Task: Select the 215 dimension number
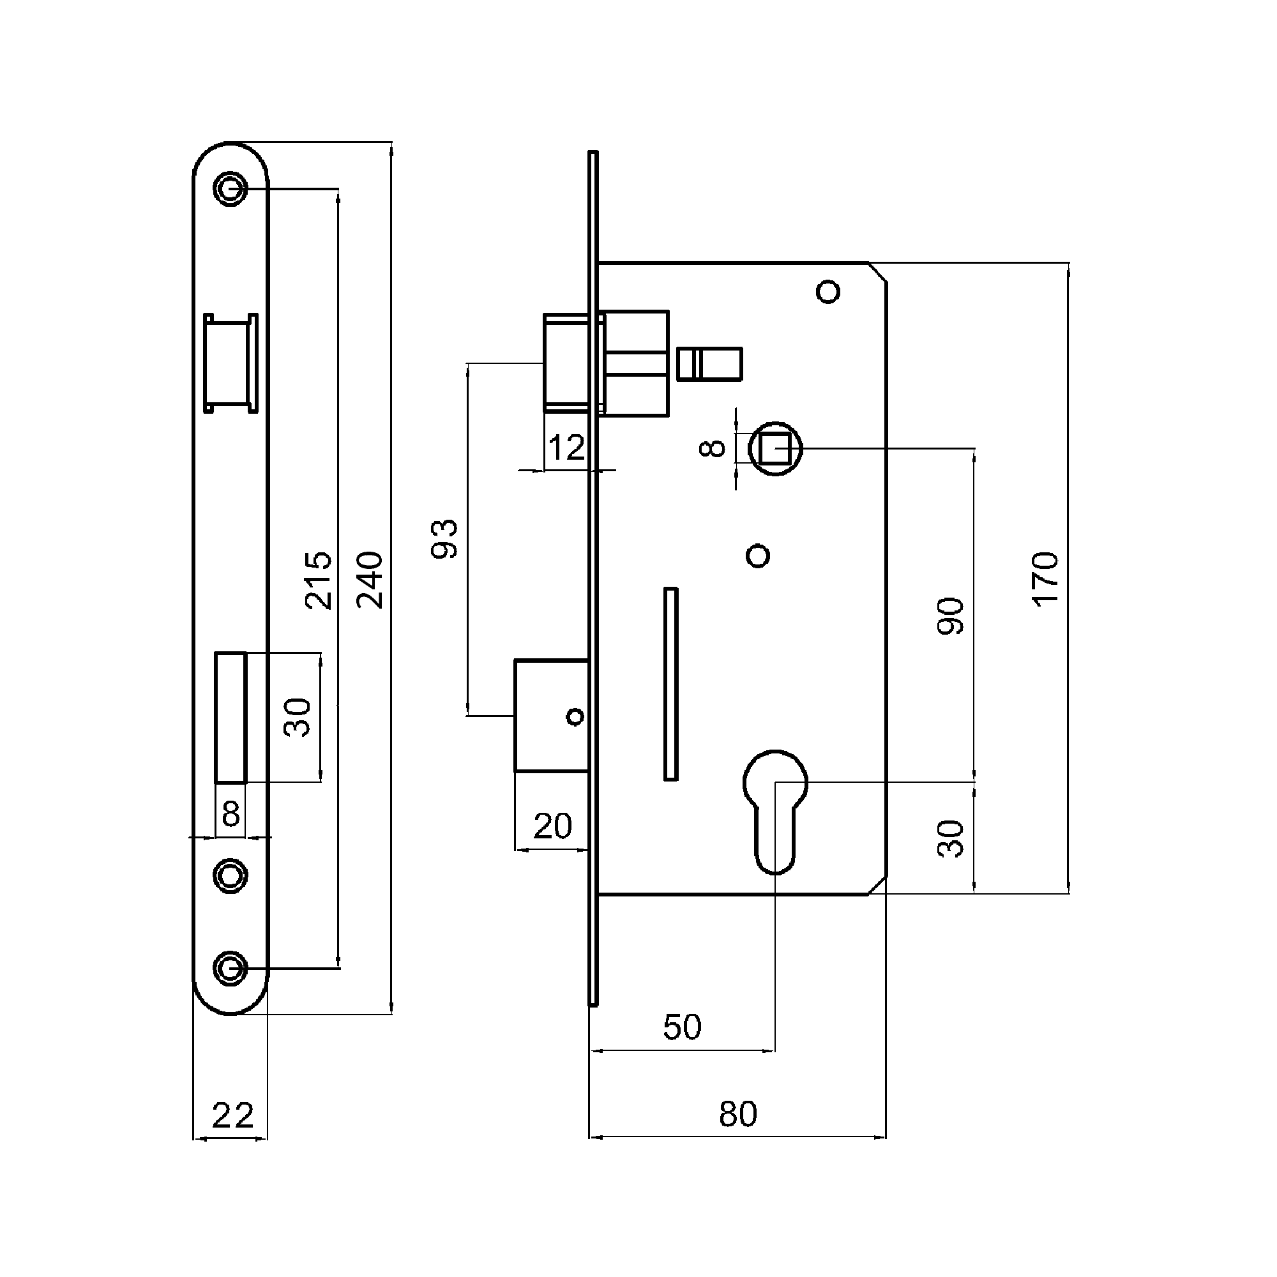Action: pos(318,580)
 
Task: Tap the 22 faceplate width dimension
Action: pos(232,1115)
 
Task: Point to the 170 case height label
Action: pos(1046,579)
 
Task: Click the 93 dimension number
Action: pos(445,540)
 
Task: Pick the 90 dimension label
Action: pos(951,616)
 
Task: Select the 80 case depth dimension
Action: pos(737,1114)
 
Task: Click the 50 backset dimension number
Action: pos(682,1027)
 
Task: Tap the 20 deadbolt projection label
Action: pos(552,826)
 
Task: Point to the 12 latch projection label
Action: pos(566,448)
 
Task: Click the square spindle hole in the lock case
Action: pos(775,449)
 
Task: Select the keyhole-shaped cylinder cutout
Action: pos(775,812)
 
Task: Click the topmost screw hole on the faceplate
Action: pos(230,188)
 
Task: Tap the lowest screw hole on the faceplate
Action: pos(230,969)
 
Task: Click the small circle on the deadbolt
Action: pos(575,716)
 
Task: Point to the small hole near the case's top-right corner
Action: pos(828,292)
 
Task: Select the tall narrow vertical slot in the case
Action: pos(671,683)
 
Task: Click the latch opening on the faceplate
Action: pos(230,363)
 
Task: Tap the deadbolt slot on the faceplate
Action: pos(230,717)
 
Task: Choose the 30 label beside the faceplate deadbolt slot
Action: pos(298,717)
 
